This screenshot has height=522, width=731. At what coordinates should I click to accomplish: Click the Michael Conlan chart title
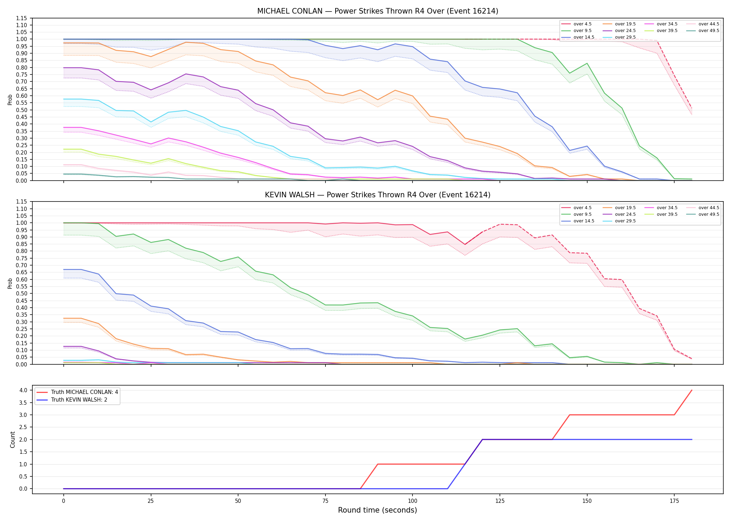[378, 11]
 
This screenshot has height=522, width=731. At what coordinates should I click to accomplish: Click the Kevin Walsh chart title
[378, 195]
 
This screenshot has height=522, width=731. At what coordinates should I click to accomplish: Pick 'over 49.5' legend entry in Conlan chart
[703, 31]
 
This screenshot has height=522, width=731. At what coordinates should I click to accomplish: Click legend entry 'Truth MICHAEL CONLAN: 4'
[77, 392]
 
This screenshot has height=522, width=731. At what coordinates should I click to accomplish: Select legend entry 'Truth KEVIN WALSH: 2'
[72, 400]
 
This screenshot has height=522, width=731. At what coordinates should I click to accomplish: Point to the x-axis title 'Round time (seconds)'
[378, 510]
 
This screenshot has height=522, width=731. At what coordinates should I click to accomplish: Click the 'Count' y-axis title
[13, 440]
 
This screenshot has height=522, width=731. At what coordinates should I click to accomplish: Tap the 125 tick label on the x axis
[500, 501]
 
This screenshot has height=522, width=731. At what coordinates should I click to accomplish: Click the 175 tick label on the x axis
[674, 501]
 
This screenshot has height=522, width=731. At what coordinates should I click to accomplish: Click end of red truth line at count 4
[692, 390]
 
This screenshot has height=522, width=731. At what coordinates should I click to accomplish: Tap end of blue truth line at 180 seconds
[692, 440]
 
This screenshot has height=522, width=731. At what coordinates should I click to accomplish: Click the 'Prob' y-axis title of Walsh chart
[10, 283]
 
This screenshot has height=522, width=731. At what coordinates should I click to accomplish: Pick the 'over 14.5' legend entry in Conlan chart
[578, 37]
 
